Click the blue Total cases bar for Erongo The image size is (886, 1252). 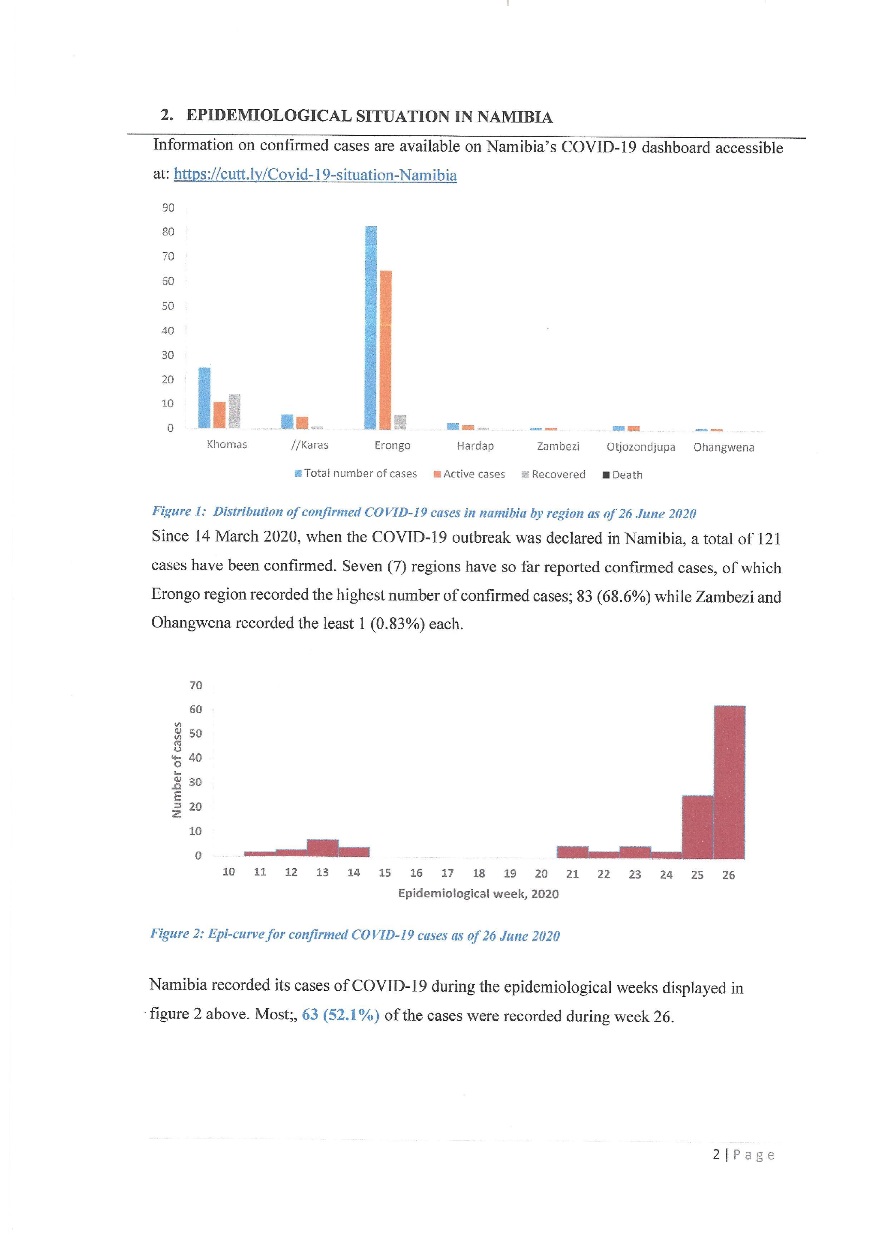pyautogui.click(x=370, y=327)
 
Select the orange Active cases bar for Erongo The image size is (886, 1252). pyautogui.click(x=386, y=350)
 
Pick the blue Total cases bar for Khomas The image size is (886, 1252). pyautogui.click(x=204, y=397)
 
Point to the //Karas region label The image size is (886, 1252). pyautogui.click(x=310, y=445)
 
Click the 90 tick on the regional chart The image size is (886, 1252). pyautogui.click(x=168, y=208)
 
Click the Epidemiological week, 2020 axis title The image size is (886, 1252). pyautogui.click(x=478, y=894)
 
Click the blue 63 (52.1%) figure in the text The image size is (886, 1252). pyautogui.click(x=340, y=1015)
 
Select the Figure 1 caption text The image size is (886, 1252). pyautogui.click(x=423, y=513)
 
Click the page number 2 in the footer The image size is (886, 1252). pyautogui.click(x=716, y=1155)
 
